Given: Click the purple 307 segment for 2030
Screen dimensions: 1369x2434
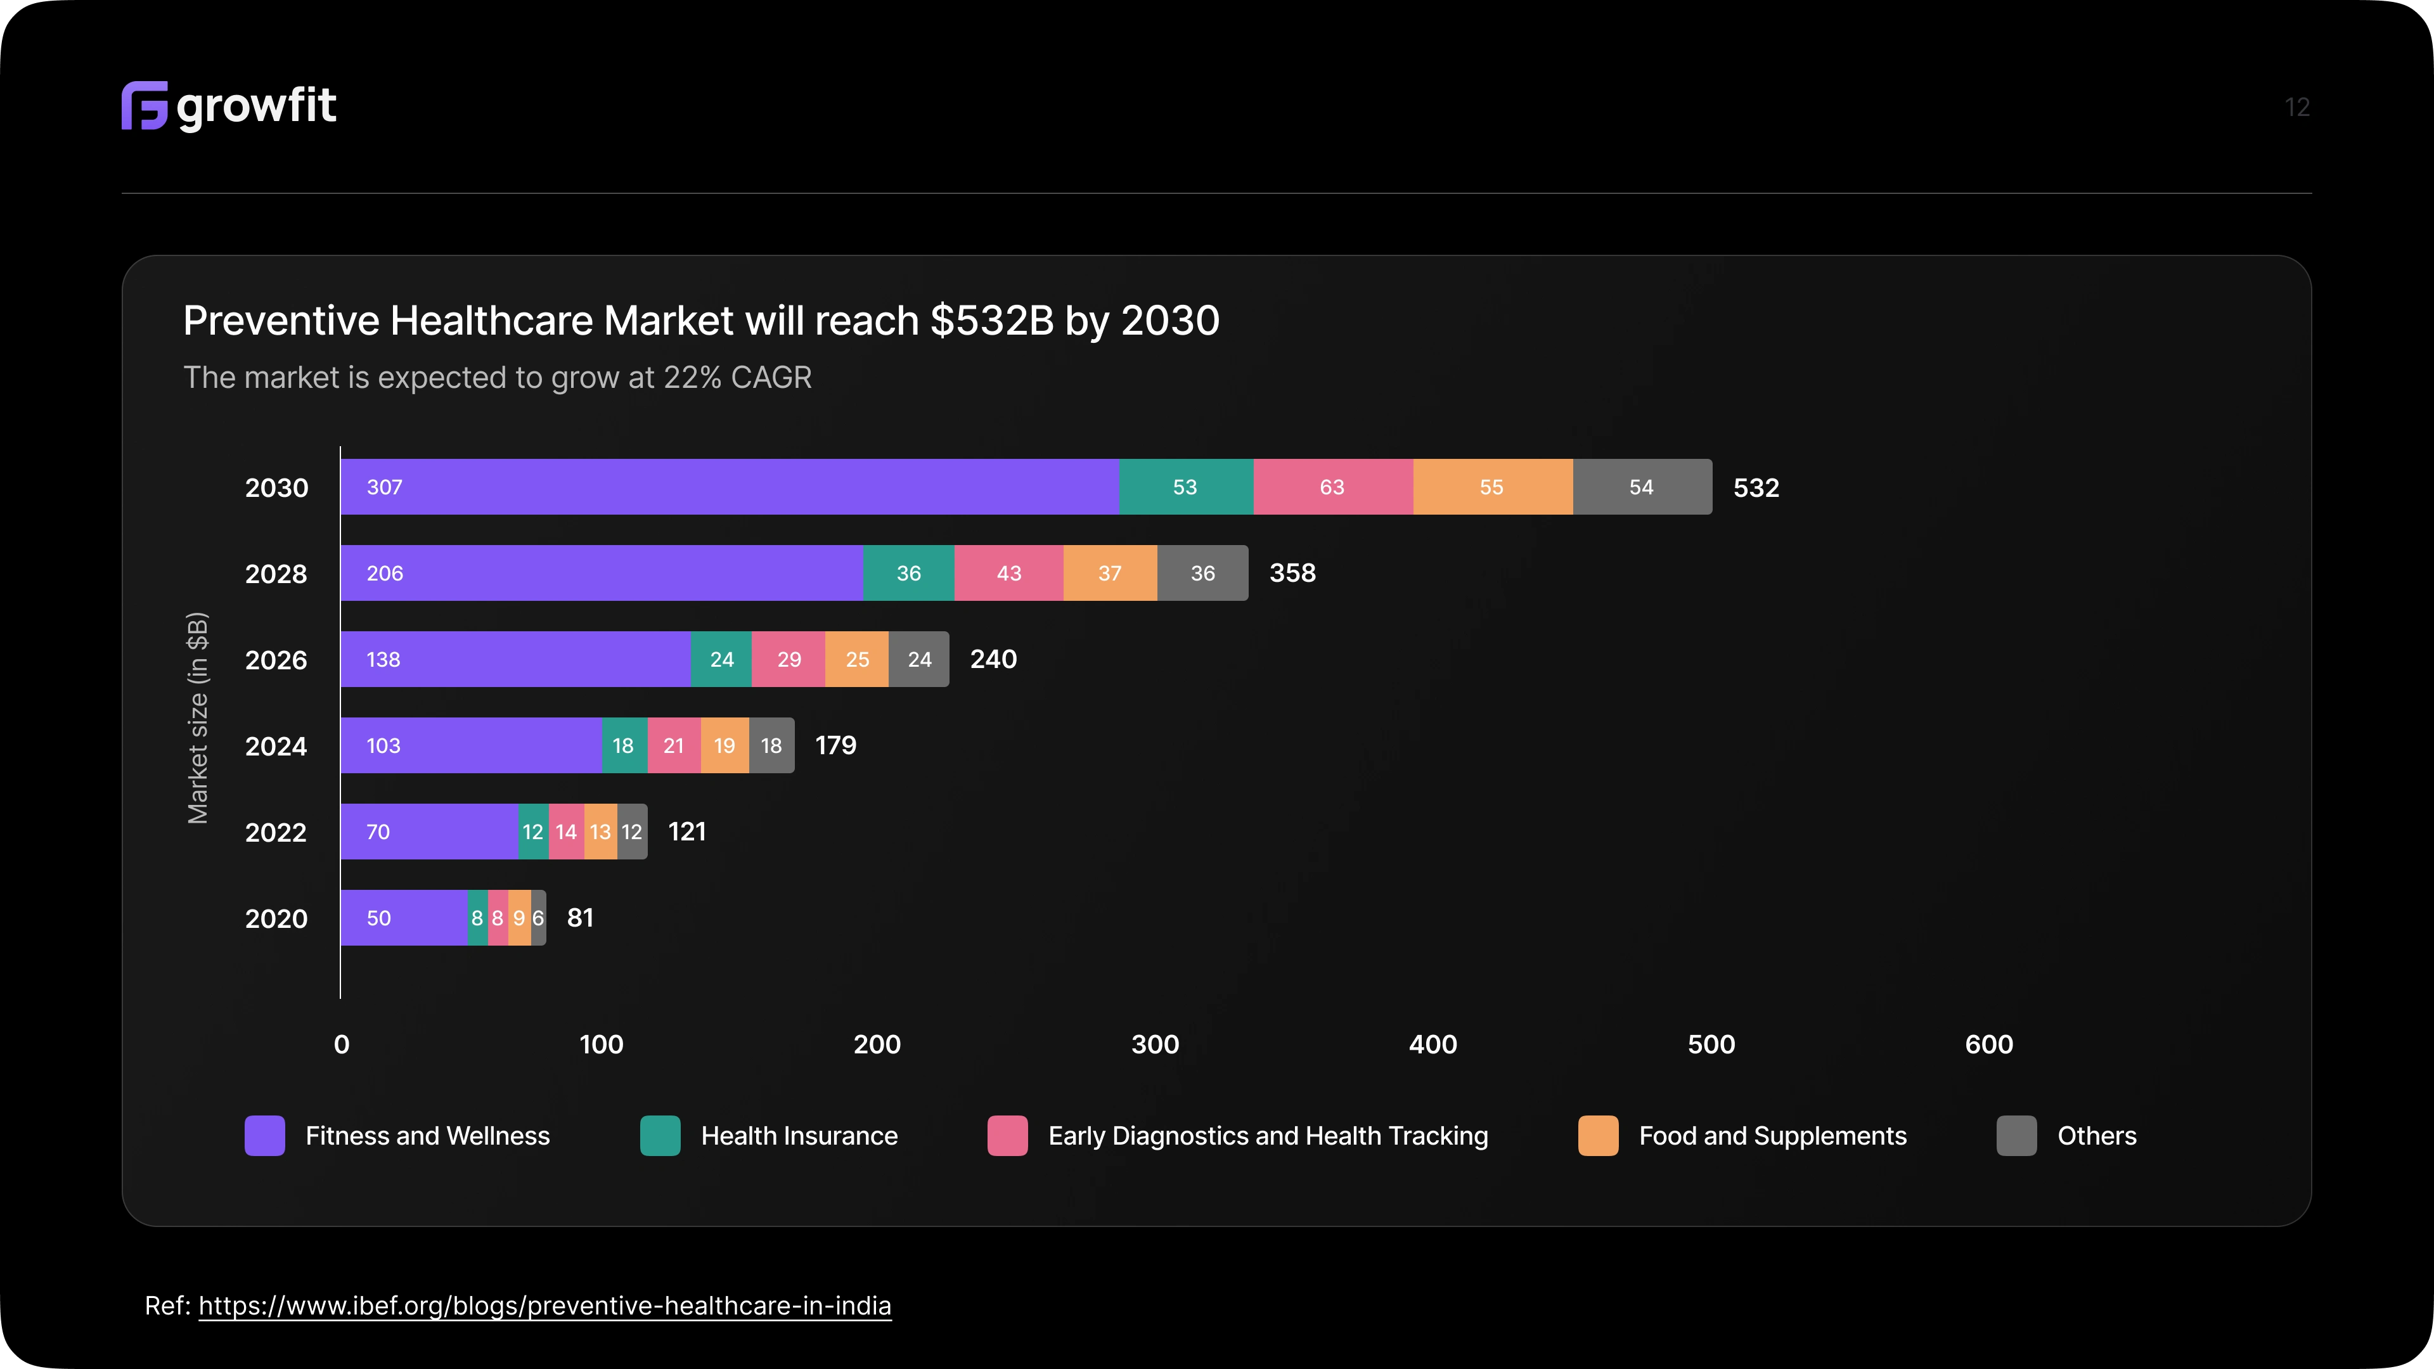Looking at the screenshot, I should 730,487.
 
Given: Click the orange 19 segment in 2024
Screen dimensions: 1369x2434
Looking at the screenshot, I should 724,745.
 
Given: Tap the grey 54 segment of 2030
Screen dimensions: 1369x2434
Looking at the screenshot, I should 1641,487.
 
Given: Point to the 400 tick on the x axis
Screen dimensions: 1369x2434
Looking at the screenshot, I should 1433,1044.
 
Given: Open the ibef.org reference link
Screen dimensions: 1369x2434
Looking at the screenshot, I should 544,1306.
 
